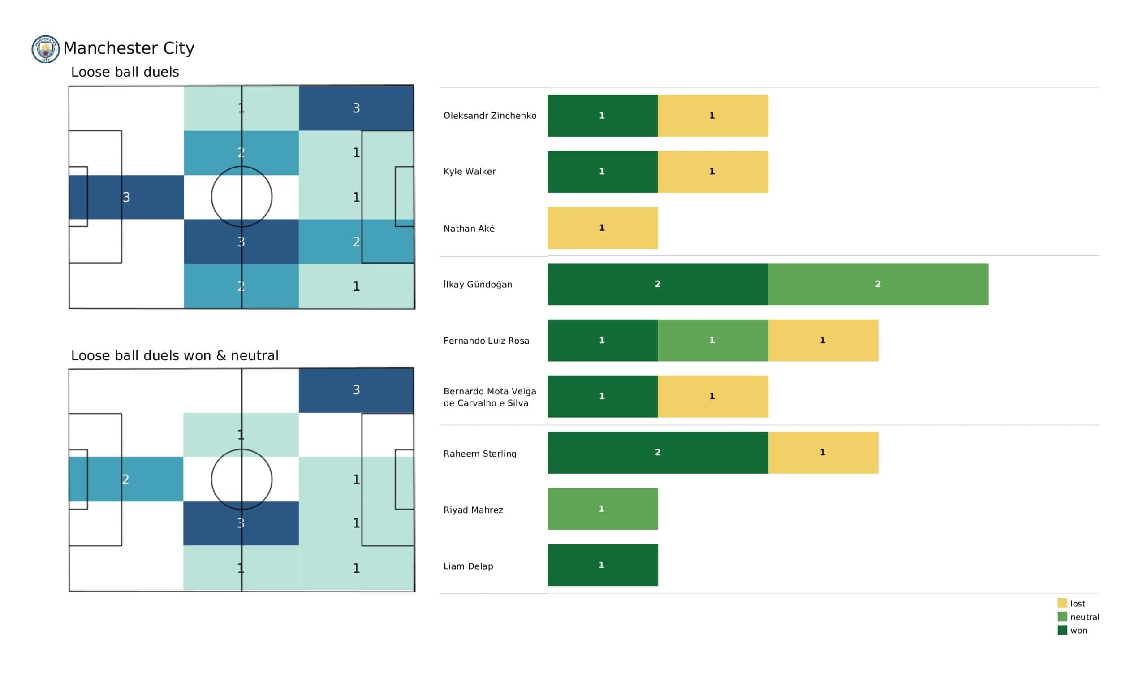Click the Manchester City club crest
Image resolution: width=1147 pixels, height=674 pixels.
coord(46,49)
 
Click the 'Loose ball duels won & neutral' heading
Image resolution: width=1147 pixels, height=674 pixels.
coord(174,355)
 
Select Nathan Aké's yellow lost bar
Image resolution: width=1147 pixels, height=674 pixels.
coord(602,228)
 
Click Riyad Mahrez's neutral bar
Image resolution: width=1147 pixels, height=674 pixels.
coord(602,509)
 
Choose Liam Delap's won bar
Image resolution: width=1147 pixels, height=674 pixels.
coord(602,565)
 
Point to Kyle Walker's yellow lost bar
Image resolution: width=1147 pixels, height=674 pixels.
coord(712,172)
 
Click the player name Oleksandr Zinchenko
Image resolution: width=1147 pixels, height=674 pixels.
coord(490,116)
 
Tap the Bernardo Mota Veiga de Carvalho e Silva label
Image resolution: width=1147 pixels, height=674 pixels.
coord(490,397)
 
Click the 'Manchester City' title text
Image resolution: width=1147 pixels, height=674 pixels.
coord(129,48)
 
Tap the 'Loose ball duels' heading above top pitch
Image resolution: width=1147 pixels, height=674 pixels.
coord(125,72)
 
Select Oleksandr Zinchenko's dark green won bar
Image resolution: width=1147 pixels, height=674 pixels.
coord(602,116)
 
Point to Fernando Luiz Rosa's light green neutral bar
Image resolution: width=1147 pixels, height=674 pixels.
coord(712,340)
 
